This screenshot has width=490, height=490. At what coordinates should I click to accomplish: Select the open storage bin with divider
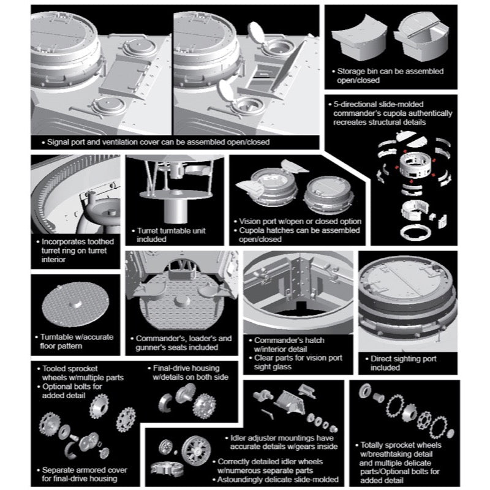click(421, 37)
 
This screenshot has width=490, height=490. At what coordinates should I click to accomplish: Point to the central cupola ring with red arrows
click(415, 165)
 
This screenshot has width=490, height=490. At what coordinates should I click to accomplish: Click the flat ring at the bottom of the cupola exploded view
click(416, 232)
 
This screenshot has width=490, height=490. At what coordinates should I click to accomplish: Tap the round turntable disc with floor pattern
click(75, 304)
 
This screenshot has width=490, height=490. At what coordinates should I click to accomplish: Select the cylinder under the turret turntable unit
click(175, 211)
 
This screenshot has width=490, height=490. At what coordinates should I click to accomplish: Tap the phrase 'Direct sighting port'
click(404, 359)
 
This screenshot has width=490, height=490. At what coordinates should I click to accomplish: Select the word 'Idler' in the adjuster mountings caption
click(238, 438)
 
